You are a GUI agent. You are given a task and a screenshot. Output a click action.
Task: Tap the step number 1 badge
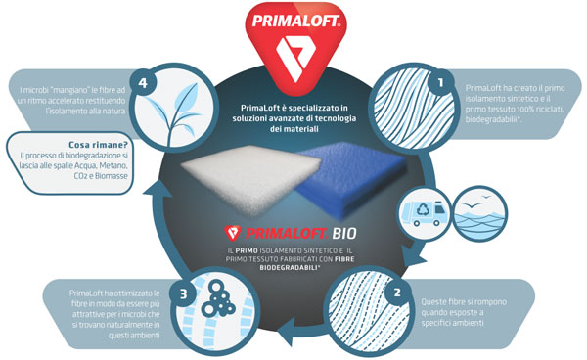point(441,84)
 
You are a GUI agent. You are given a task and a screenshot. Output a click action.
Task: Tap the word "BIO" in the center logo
point(347,235)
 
